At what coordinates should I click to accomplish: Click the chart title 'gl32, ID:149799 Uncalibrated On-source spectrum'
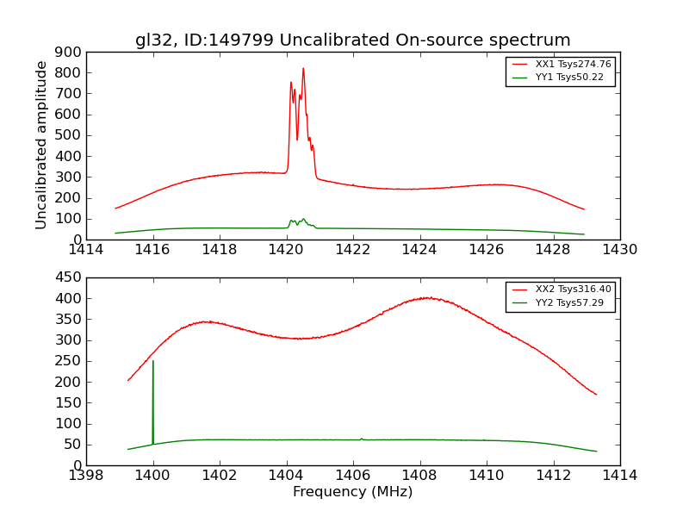click(352, 40)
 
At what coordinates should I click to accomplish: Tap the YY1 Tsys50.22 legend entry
click(569, 77)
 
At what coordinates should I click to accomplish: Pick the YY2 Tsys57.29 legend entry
click(569, 302)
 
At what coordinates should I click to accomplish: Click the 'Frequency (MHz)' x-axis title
click(352, 492)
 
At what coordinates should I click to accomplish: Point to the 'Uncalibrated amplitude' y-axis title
click(41, 145)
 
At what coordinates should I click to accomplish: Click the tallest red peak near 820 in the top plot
click(303, 68)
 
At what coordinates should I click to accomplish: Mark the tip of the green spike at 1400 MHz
click(153, 361)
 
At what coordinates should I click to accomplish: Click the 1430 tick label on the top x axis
click(619, 250)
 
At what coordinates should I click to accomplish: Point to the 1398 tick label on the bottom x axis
click(86, 476)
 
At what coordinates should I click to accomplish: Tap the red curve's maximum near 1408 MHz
click(428, 298)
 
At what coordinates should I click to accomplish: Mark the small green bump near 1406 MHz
click(361, 439)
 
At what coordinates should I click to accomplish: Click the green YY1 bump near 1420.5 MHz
click(303, 219)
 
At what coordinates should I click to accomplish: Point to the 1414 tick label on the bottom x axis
click(619, 476)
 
